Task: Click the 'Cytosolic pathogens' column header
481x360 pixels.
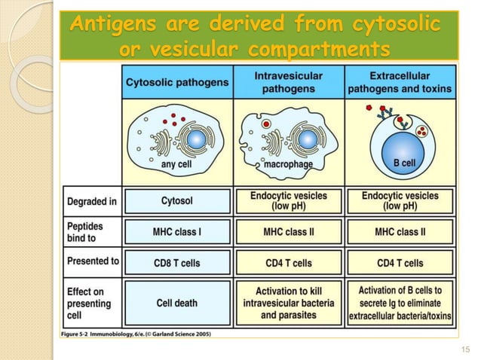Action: tap(177, 82)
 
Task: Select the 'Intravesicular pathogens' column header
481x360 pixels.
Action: tap(289, 82)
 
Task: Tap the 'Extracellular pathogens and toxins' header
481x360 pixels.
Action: tap(400, 82)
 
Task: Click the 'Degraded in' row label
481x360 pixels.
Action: tap(91, 201)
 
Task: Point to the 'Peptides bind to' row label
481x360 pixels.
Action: tap(85, 231)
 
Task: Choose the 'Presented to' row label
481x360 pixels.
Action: tap(93, 261)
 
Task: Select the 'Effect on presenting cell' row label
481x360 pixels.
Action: tap(89, 304)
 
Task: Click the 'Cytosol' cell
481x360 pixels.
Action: tap(177, 201)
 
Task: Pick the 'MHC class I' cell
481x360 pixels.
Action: tap(177, 232)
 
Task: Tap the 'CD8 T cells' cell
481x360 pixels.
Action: tap(177, 263)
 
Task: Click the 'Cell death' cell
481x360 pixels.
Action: tap(177, 303)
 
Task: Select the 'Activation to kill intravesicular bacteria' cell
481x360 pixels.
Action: tap(289, 303)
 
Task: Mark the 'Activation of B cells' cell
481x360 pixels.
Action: tap(400, 303)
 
